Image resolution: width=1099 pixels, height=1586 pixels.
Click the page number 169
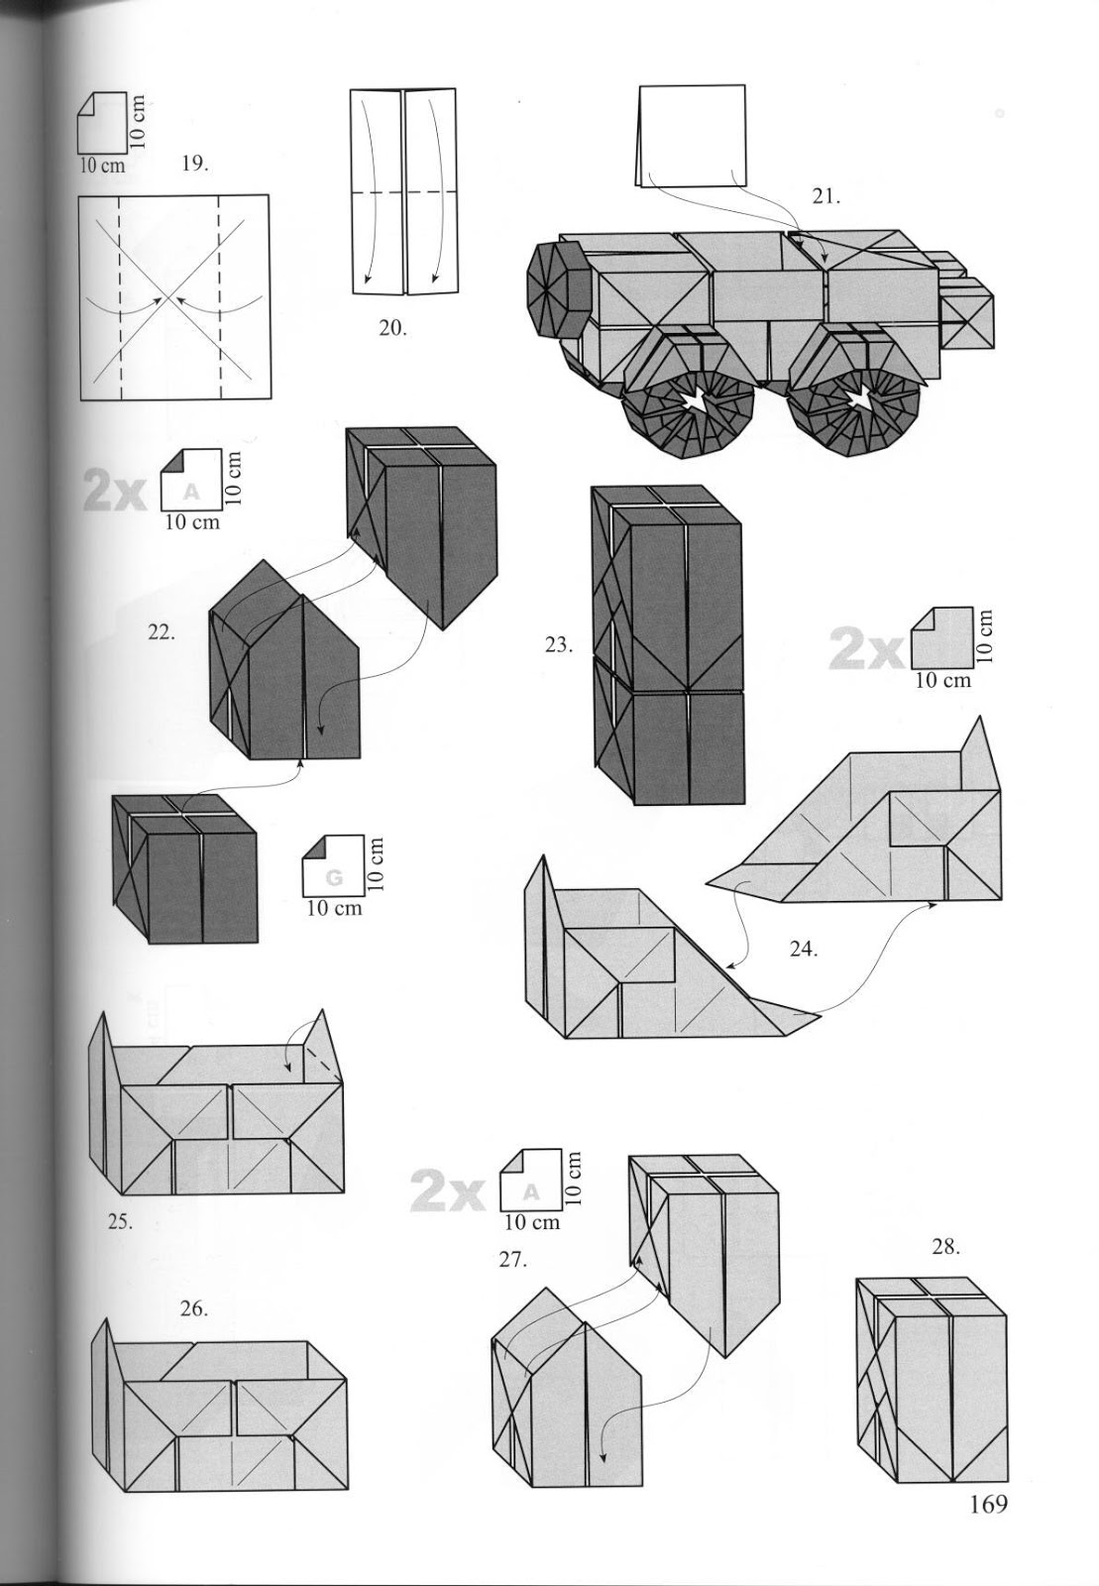pyautogui.click(x=988, y=1505)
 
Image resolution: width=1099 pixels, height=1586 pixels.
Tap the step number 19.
pyautogui.click(x=194, y=164)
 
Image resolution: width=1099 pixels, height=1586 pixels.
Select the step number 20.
pyautogui.click(x=392, y=327)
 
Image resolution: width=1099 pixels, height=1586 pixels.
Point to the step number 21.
pyautogui.click(x=826, y=196)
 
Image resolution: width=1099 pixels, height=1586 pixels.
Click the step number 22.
pyautogui.click(x=162, y=631)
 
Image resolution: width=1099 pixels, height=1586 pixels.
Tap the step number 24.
pyautogui.click(x=803, y=949)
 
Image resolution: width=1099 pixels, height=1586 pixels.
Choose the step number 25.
pyautogui.click(x=119, y=1221)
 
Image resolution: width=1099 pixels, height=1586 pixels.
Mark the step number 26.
pyautogui.click(x=193, y=1308)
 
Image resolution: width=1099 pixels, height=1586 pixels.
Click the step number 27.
pyautogui.click(x=513, y=1261)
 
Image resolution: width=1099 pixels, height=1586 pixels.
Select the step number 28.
pyautogui.click(x=946, y=1247)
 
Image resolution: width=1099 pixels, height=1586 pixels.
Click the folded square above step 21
pyautogui.click(x=692, y=135)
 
